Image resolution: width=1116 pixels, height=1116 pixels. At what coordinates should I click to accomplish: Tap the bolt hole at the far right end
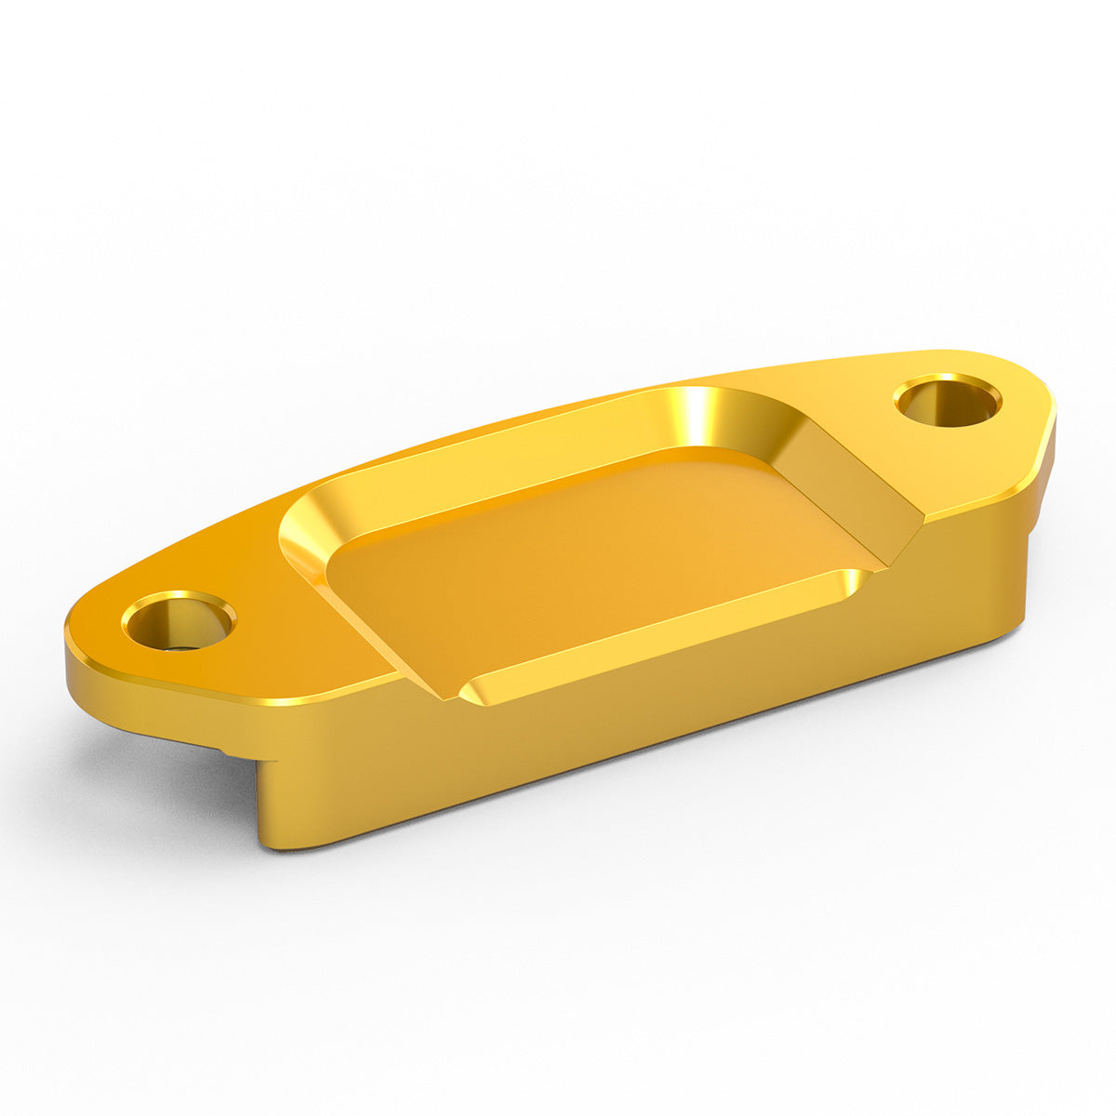tap(948, 402)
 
